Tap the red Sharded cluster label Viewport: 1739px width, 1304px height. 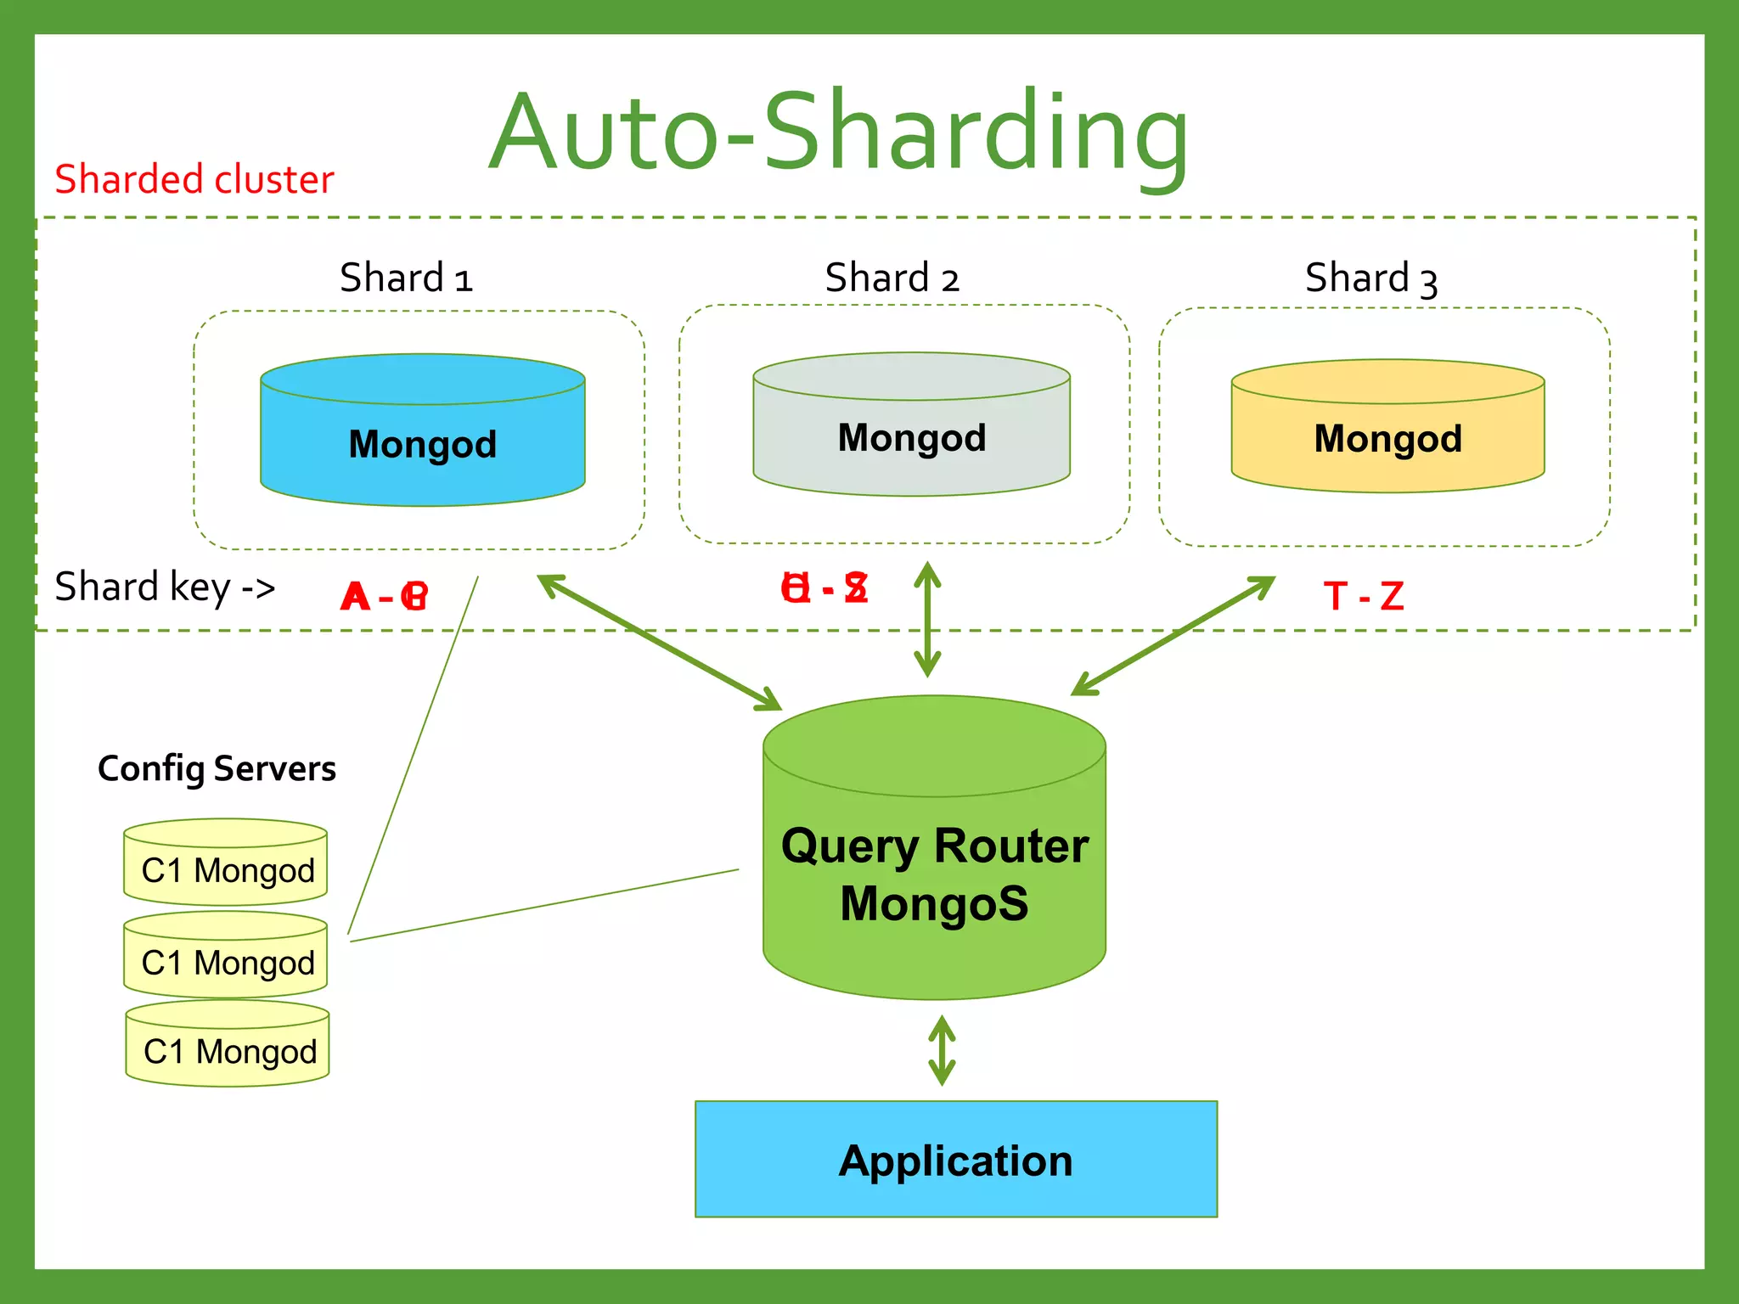click(x=194, y=180)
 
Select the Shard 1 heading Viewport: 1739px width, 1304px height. click(x=406, y=278)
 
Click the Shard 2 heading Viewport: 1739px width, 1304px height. click(x=892, y=278)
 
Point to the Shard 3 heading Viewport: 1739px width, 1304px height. click(x=1370, y=278)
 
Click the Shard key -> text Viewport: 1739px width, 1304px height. click(x=166, y=587)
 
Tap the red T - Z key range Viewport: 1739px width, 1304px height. click(x=1364, y=596)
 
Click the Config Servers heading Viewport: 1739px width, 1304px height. click(x=217, y=769)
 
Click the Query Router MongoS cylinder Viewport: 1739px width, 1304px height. click(x=934, y=874)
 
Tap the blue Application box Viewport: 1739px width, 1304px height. click(x=955, y=1160)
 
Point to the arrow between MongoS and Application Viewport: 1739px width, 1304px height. click(x=942, y=1051)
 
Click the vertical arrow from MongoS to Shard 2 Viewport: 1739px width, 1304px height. click(x=927, y=619)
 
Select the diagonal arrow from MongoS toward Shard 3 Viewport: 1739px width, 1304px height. click(x=1173, y=636)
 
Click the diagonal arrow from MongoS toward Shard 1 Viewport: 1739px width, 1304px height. click(x=660, y=643)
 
